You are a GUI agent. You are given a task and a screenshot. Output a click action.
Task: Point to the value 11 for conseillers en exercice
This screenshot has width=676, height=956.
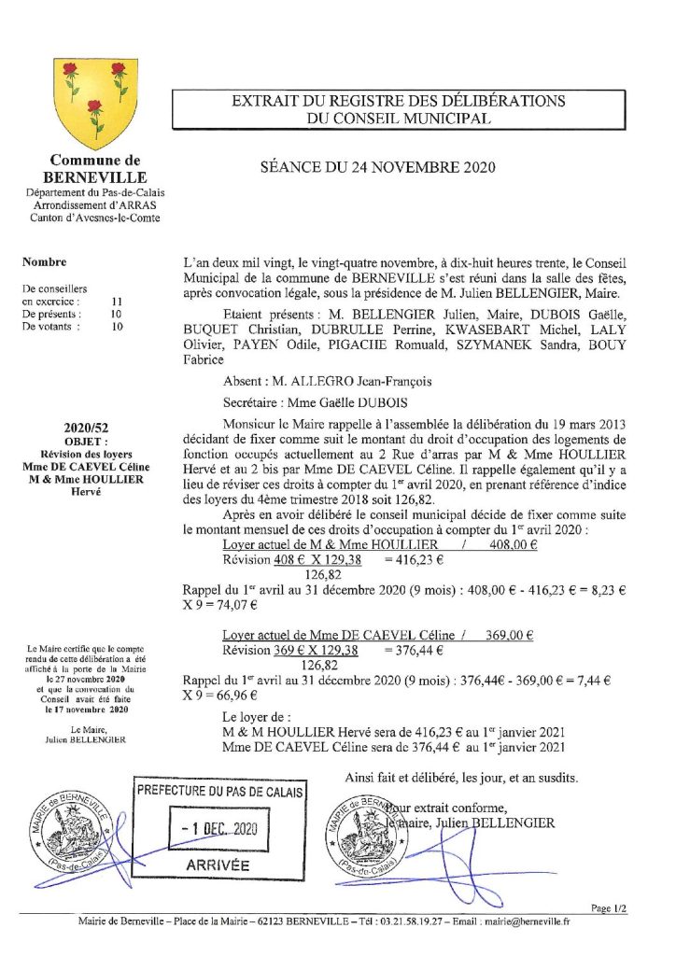[117, 302]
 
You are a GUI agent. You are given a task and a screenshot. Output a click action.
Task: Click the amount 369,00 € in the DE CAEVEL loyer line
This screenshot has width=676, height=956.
[510, 635]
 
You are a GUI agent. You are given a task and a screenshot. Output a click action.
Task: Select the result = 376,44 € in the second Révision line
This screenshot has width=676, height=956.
[413, 651]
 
